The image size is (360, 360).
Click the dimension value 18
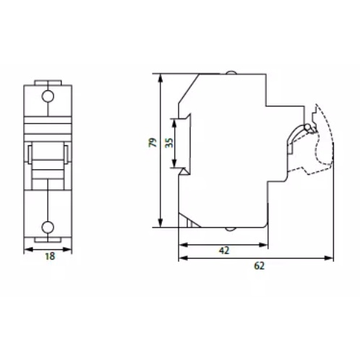point(50,256)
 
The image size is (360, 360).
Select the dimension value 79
point(153,142)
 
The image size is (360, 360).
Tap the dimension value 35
point(170,143)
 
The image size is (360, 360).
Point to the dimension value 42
point(224,251)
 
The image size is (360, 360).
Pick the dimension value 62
point(259,266)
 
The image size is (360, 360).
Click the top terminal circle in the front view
point(48,96)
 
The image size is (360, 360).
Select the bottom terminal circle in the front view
point(48,227)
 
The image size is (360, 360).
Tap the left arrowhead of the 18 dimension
point(28,249)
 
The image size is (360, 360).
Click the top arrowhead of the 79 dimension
point(160,78)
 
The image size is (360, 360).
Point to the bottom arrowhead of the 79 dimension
point(160,223)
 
